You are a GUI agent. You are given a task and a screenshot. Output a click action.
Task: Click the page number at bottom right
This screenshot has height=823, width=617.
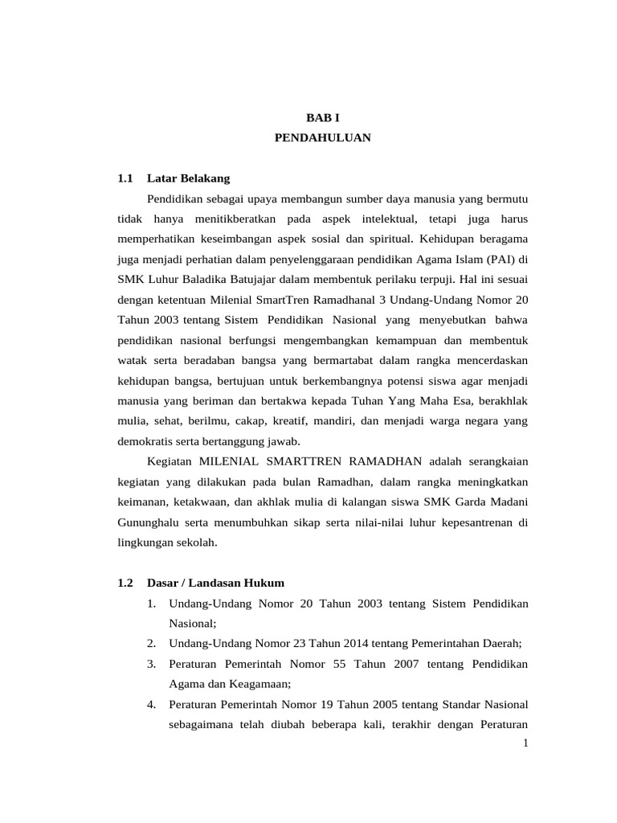pyautogui.click(x=525, y=743)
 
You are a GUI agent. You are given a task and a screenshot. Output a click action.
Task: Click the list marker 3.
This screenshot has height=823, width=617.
pyautogui.click(x=152, y=663)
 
